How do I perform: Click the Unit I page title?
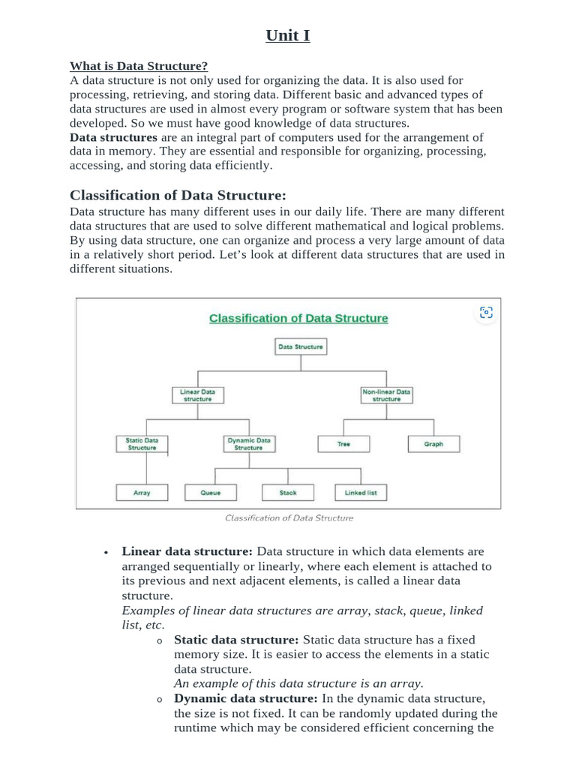[x=287, y=35]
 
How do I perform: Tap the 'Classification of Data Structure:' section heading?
[x=178, y=196]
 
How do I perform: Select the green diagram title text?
[x=298, y=318]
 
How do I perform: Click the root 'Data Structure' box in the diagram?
[x=300, y=347]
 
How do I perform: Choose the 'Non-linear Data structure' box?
[x=386, y=395]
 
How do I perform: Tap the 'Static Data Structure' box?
[x=142, y=444]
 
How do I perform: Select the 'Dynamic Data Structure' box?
[x=248, y=444]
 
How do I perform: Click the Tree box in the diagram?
[x=343, y=444]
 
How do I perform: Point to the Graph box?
[x=433, y=444]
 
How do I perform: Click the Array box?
[x=142, y=493]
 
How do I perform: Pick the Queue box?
[x=211, y=493]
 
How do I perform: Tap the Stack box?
[x=288, y=493]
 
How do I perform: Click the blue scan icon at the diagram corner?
[x=486, y=313]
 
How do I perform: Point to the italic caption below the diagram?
[x=289, y=517]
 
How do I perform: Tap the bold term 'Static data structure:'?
[x=236, y=640]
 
